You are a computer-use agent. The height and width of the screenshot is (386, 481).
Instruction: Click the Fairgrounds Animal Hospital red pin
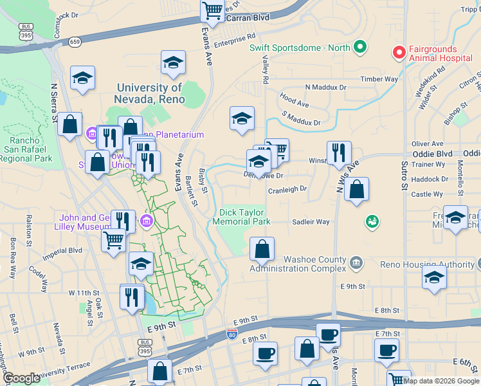(399, 51)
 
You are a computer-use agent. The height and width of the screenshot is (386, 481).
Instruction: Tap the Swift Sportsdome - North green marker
(360, 48)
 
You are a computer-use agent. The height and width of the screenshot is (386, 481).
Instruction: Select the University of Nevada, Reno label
(150, 93)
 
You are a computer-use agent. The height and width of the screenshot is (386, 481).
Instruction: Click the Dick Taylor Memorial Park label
(244, 216)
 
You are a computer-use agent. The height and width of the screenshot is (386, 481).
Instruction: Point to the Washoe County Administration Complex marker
(357, 262)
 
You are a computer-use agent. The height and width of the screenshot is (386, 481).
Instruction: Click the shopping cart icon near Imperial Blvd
(114, 241)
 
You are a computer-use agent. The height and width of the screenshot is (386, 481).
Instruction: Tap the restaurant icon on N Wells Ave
(339, 153)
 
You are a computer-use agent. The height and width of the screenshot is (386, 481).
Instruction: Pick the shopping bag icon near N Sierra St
(70, 124)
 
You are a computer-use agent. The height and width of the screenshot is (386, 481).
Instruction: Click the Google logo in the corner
(21, 378)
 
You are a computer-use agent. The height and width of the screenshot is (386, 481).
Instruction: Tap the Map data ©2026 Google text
(440, 381)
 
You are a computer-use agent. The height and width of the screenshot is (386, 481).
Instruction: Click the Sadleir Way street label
(311, 222)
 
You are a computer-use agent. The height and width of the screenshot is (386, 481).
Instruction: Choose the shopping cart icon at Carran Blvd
(212, 10)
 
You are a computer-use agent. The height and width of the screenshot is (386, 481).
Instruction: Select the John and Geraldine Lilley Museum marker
(147, 222)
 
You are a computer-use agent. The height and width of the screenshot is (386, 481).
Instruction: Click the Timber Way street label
(379, 79)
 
